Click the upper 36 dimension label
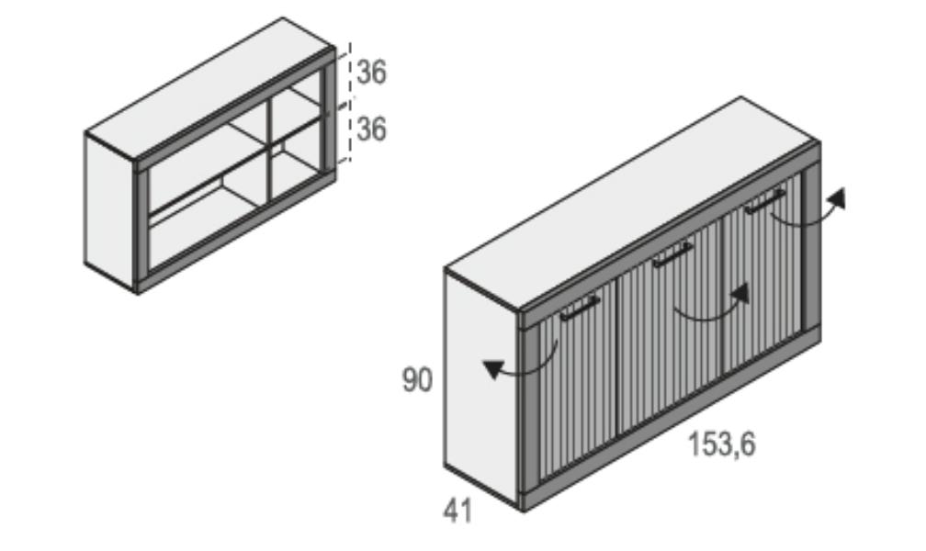[x=371, y=73]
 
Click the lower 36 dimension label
[x=371, y=129]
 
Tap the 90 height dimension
[x=417, y=380]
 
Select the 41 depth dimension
[x=457, y=511]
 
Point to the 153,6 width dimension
[x=722, y=444]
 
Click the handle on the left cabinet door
[x=580, y=308]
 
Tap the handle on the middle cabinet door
[x=672, y=254]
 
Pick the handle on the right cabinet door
[x=764, y=201]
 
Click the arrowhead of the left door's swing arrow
[x=494, y=368]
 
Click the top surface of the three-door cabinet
[x=632, y=204]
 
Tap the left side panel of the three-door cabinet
[x=481, y=387]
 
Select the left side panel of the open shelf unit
[x=110, y=211]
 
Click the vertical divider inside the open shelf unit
[x=270, y=149]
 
